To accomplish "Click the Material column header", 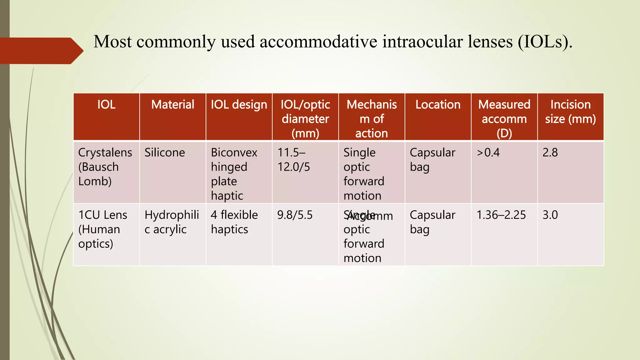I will click(x=172, y=105).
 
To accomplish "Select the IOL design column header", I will click(x=239, y=105).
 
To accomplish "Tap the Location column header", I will click(x=438, y=105).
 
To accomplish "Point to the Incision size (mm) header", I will click(x=570, y=112).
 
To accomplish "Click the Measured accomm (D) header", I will click(x=504, y=119).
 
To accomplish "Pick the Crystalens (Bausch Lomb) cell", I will click(x=105, y=167).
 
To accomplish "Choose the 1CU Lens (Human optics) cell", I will click(x=103, y=229).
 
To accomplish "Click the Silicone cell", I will click(x=165, y=153).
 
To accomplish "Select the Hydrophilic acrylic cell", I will click(x=172, y=222).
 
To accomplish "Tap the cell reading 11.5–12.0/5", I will click(x=293, y=160).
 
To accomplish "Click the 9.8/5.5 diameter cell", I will click(x=295, y=215).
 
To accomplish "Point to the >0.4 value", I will click(x=488, y=153).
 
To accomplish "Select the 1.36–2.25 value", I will click(x=501, y=215).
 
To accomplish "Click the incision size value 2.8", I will click(x=550, y=153).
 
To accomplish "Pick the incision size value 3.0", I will click(x=550, y=215).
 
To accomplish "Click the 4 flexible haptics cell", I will click(x=234, y=222).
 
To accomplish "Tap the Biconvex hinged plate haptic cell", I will click(x=234, y=174).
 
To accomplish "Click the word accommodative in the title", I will click(x=318, y=42).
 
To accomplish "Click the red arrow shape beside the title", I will click(x=41, y=51).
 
